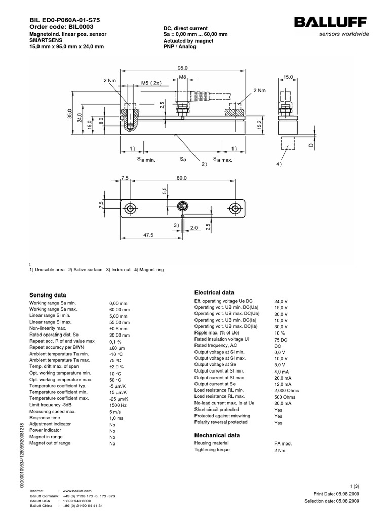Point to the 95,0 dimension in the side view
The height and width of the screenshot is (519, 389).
[182, 68]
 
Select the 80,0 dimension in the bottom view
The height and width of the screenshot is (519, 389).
[182, 178]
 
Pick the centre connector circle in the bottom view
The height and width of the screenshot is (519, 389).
[182, 208]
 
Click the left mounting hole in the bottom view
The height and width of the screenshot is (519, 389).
[131, 208]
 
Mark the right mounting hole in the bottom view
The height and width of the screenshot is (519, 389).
[234, 208]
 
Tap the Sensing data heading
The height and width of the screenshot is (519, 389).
[48, 295]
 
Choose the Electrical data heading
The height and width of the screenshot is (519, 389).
[214, 293]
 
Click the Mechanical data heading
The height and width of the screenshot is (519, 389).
[217, 435]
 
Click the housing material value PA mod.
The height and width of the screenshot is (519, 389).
[283, 443]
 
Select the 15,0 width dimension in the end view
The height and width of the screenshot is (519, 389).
[288, 77]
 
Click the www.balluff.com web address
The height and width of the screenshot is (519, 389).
[77, 491]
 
